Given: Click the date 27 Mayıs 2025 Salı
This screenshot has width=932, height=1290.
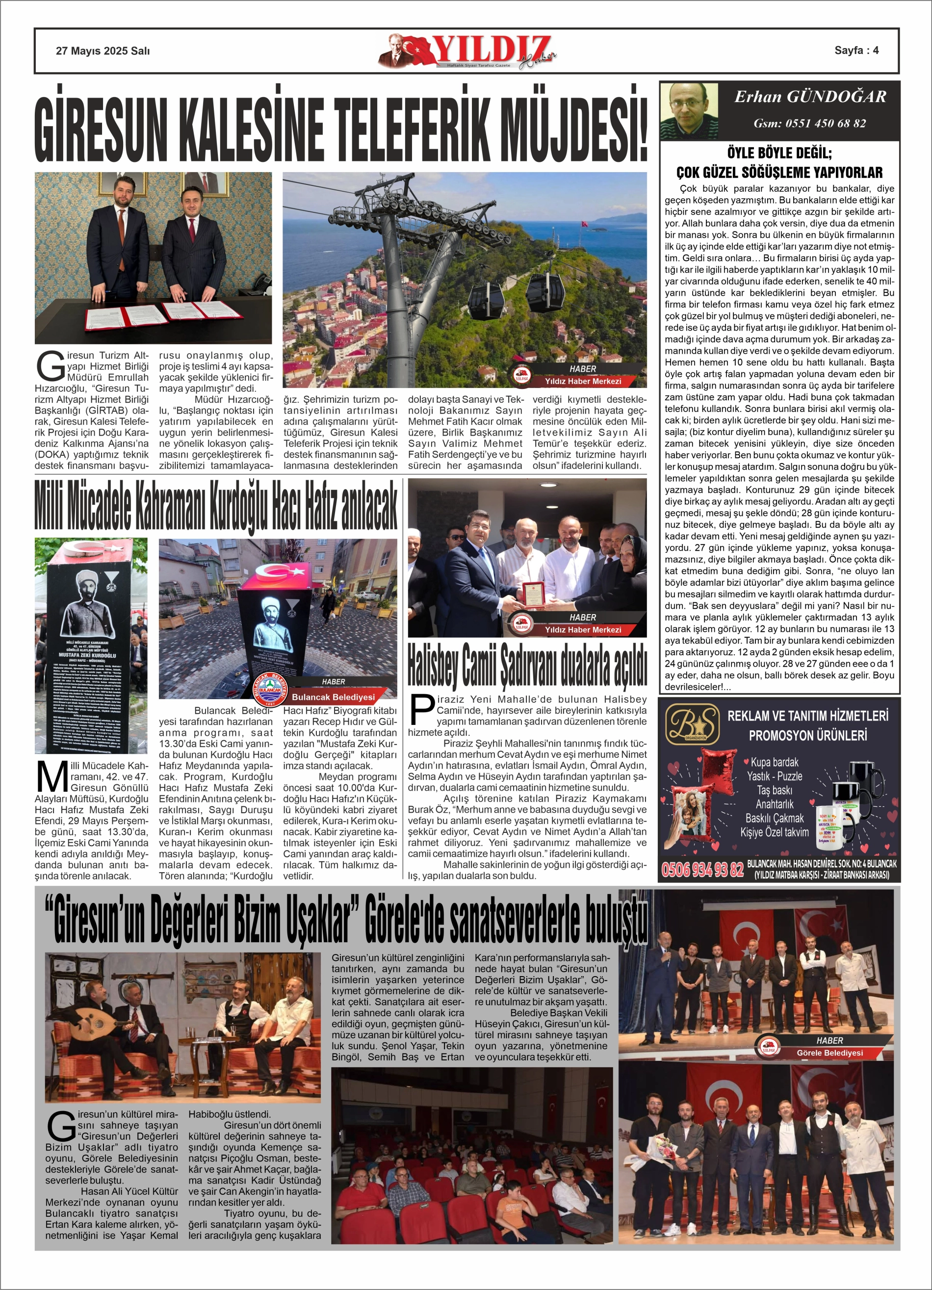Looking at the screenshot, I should [x=103, y=51].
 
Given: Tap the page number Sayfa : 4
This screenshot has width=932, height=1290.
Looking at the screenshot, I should [x=856, y=50].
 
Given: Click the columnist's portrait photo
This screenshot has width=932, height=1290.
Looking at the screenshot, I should [x=689, y=111].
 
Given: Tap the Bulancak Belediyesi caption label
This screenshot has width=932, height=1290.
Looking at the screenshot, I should [x=333, y=697].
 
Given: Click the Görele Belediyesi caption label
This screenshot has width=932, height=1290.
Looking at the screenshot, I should [x=829, y=1053].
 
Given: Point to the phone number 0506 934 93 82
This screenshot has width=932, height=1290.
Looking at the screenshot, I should [x=702, y=869].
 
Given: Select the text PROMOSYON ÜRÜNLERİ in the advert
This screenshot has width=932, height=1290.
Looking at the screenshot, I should [x=807, y=735].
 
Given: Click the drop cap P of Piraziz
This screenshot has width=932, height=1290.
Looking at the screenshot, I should [x=422, y=710].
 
